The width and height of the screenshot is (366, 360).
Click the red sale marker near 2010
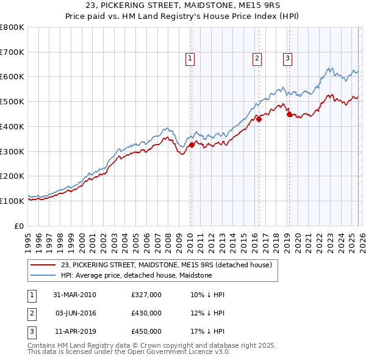[192, 145]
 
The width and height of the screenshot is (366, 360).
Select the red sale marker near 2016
[258, 119]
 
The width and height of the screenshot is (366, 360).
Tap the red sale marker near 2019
[289, 114]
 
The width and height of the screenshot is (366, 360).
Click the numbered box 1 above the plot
[190, 59]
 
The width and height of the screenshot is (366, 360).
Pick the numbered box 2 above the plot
[257, 59]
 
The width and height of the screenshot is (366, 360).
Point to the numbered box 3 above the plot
[287, 59]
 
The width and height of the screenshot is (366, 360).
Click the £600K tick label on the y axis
[12, 77]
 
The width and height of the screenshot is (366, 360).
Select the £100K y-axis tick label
[12, 201]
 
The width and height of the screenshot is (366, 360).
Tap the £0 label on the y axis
[18, 226]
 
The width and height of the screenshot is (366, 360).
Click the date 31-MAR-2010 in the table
[75, 295]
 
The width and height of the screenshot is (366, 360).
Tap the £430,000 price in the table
[146, 313]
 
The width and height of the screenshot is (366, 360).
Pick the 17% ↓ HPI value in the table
[207, 331]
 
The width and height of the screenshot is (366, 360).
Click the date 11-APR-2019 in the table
[75, 331]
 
